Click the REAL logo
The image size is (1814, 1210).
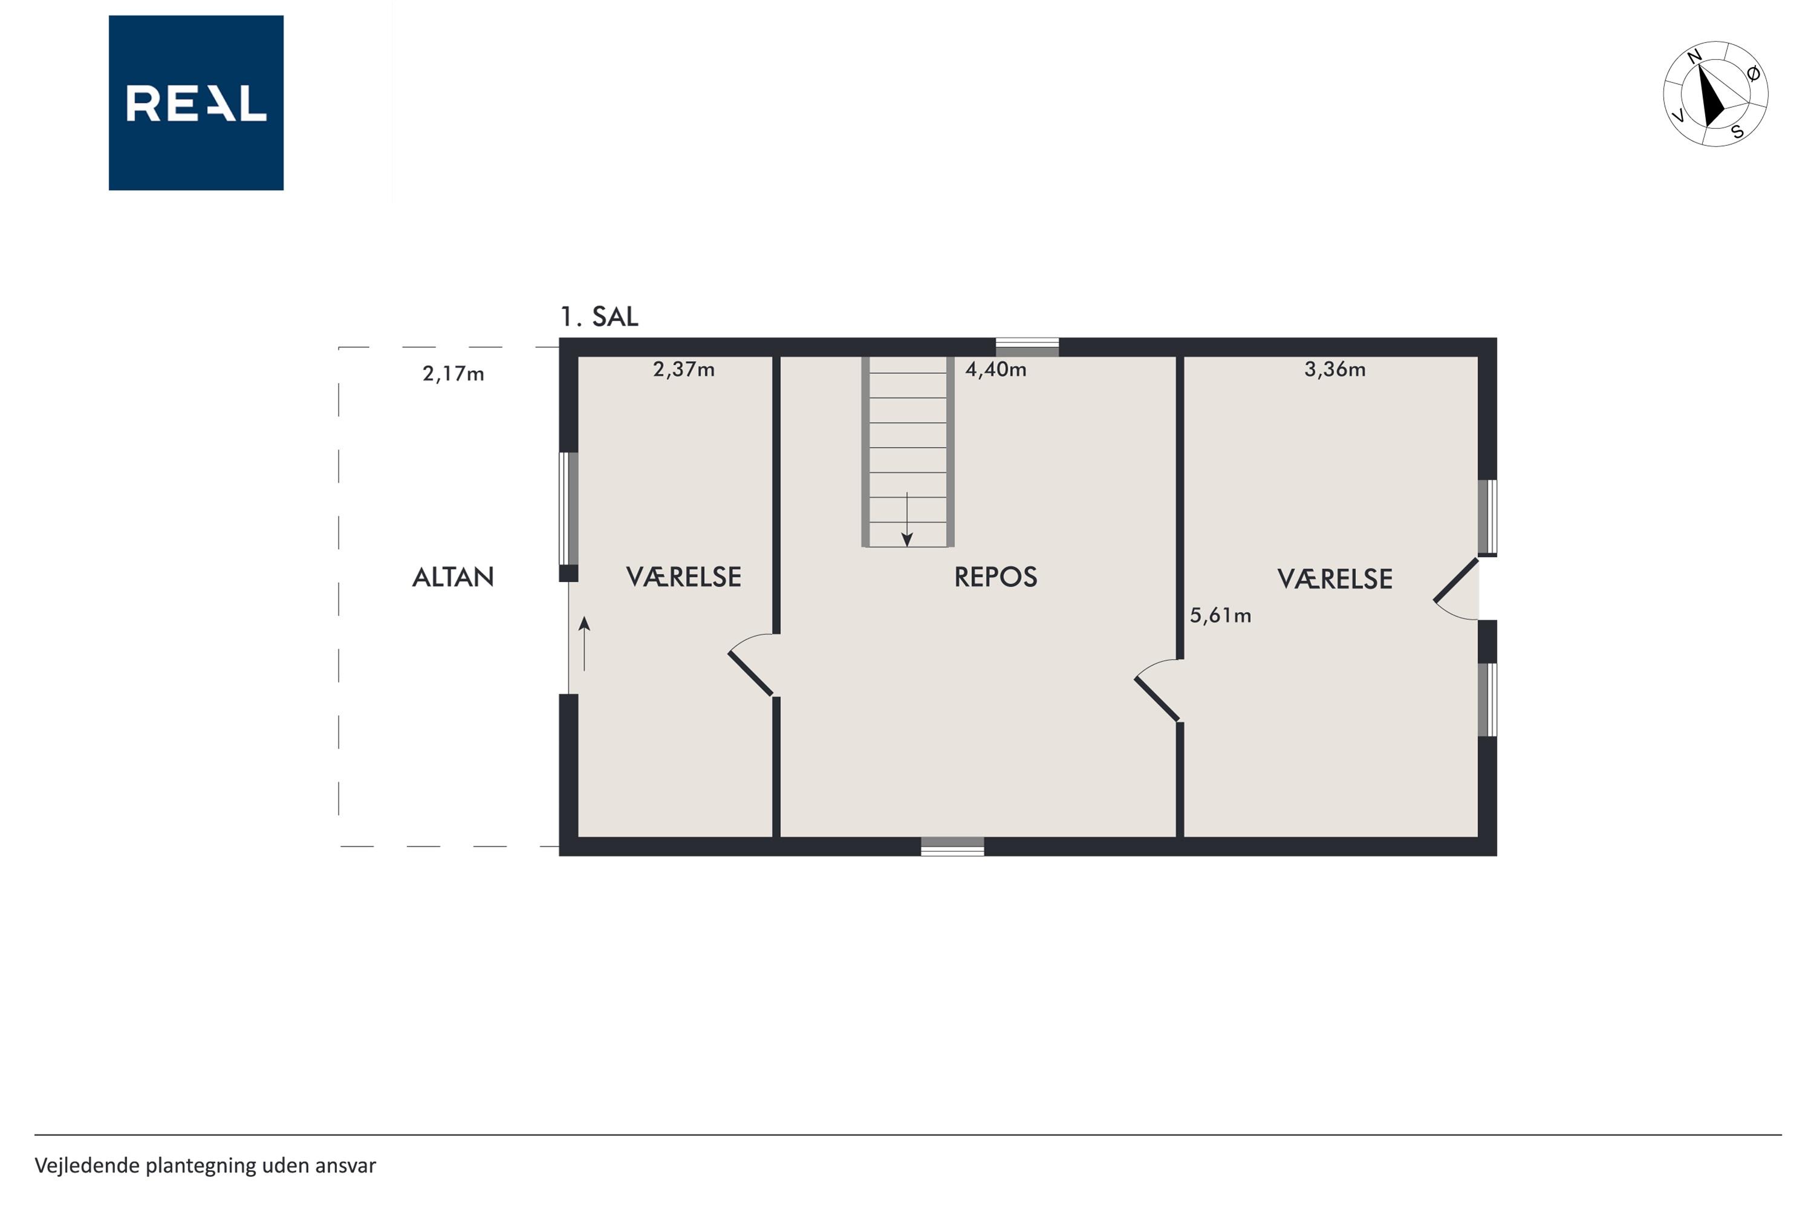click(196, 103)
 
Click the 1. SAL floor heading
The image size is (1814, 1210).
click(599, 316)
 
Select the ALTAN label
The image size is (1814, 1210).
click(453, 577)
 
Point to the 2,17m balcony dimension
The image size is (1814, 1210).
click(453, 374)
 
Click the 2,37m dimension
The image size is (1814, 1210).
click(684, 370)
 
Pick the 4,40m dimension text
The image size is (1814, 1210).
click(996, 370)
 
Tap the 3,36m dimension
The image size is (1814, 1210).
click(1335, 370)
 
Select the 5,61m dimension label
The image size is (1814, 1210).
click(1220, 616)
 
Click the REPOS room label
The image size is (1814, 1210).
click(996, 577)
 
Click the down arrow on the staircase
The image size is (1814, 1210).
click(907, 519)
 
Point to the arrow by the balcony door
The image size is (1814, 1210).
click(585, 644)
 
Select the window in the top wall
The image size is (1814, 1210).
click(1027, 347)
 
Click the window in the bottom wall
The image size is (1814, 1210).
click(952, 846)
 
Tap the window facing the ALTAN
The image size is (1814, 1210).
click(568, 509)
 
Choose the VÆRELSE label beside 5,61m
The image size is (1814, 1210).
click(1335, 579)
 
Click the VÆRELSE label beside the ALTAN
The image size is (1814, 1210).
click(683, 577)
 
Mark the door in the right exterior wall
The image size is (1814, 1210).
click(1456, 588)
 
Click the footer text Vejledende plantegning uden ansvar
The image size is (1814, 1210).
click(205, 1165)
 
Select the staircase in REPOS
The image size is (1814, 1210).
click(908, 452)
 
